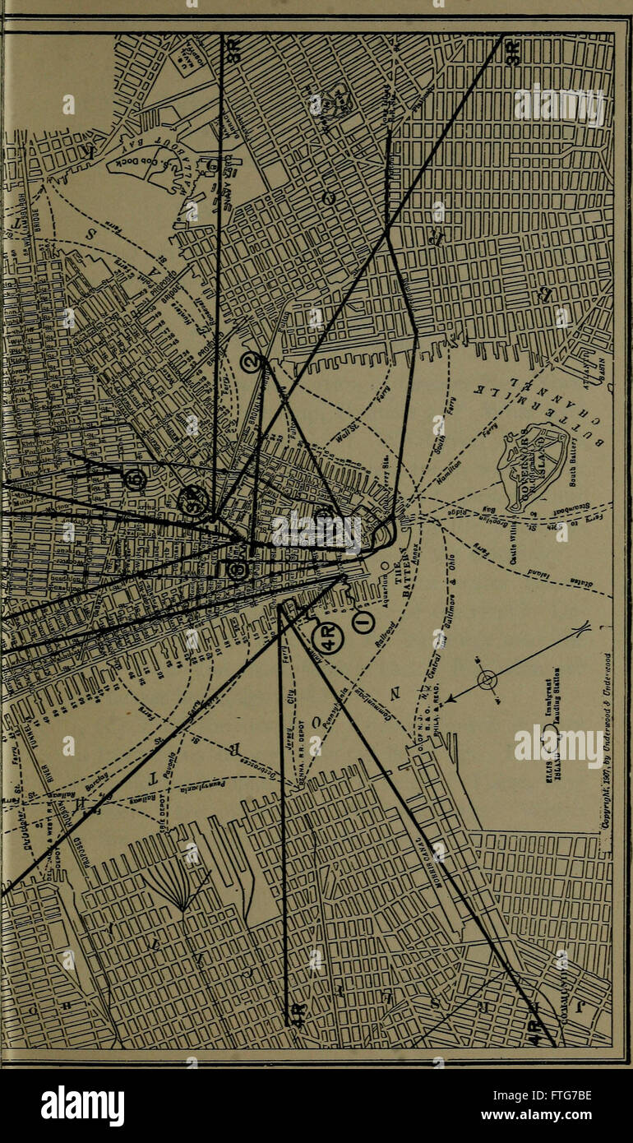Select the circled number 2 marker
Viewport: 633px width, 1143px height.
coord(252,362)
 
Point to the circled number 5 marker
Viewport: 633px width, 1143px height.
coord(136,479)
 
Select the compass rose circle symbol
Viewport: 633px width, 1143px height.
coord(487,680)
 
